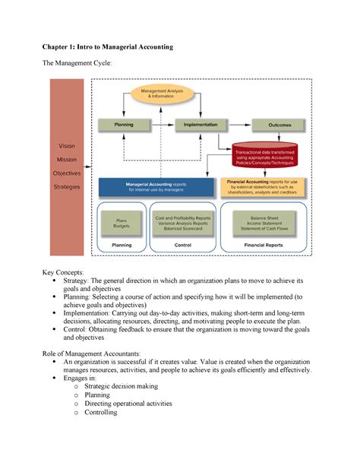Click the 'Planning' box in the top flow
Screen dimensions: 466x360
125,124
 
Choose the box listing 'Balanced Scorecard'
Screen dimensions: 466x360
183,223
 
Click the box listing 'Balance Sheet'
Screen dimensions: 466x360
262,223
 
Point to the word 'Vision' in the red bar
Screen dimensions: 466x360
67,145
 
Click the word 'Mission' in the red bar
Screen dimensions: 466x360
67,159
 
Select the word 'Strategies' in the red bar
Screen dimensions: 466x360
67,186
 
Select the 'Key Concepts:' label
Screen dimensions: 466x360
68,271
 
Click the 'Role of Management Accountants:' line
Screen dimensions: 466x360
103,353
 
